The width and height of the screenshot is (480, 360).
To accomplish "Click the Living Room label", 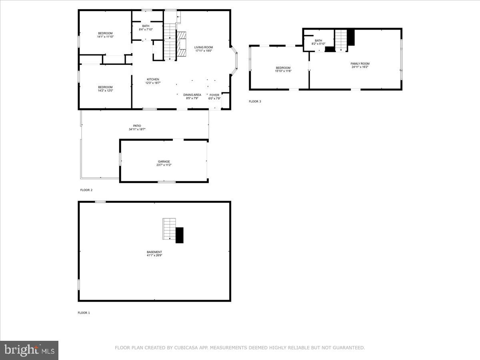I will pos(204,47).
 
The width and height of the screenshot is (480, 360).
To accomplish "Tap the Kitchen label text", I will pos(153,79).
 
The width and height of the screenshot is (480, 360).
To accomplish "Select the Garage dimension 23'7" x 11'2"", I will pos(164,165).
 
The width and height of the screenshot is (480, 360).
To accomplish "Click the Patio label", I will pos(137,126).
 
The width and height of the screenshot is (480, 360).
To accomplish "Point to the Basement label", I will pos(154,252).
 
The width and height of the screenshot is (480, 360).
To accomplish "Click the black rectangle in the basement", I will pos(180,235).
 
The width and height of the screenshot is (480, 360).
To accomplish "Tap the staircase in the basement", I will pos(169,228).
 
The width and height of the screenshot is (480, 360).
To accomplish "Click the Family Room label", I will pos(360,64).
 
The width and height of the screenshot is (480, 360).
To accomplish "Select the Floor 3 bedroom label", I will pos(283,68).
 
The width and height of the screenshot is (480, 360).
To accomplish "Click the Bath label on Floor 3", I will pos(318,40).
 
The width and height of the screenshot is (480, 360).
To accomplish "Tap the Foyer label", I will pos(214,95).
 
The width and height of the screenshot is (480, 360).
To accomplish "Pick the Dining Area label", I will pos(192,95).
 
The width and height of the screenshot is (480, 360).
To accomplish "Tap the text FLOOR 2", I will pos(86,190).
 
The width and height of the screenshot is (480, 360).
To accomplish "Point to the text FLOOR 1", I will pos(84,313).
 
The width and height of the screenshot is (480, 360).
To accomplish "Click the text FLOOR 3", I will pos(255,102).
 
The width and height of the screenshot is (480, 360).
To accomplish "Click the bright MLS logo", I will pos(29,350).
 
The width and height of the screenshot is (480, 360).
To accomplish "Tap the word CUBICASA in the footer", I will pos(186,348).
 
